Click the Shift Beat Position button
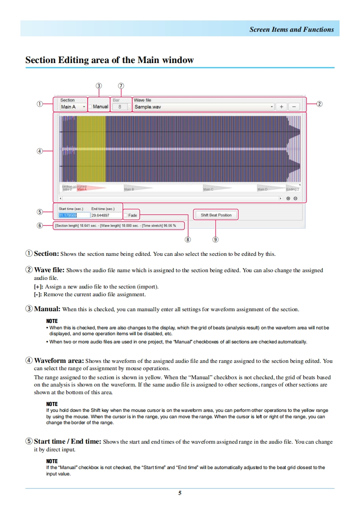[x=216, y=215]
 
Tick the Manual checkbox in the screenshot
[x=90, y=107]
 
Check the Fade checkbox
[x=126, y=215]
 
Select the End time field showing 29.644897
[x=106, y=215]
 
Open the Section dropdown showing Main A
[x=73, y=107]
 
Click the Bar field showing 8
[x=120, y=107]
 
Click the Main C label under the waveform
[x=207, y=189]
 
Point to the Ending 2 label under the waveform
[x=292, y=189]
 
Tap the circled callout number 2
[x=319, y=104]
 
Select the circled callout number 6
[x=40, y=225]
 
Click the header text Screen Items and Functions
[x=291, y=29]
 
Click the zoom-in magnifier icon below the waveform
[x=288, y=198]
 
